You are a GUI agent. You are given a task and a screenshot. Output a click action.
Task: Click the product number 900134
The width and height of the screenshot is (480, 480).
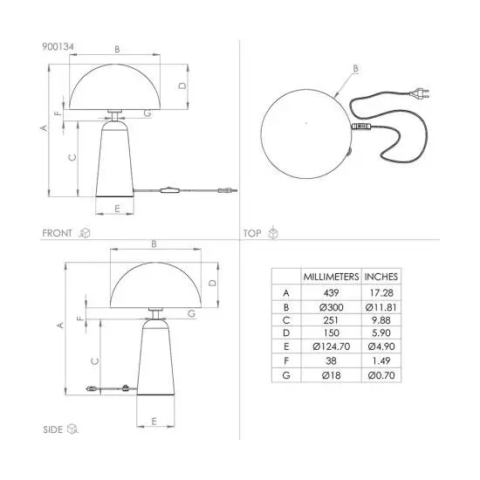(58, 47)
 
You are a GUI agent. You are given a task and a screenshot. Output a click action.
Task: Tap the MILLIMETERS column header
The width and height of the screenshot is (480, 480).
(331, 277)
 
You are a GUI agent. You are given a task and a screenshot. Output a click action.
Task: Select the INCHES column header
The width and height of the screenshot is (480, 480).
(381, 277)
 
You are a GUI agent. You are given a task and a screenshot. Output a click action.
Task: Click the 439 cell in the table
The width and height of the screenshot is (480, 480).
(331, 293)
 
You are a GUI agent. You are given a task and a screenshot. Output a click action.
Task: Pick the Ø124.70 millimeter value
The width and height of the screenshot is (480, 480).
(332, 346)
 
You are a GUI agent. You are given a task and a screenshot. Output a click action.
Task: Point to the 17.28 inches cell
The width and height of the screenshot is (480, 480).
(381, 293)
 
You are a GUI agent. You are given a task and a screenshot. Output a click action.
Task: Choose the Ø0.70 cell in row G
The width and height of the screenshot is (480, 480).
(381, 375)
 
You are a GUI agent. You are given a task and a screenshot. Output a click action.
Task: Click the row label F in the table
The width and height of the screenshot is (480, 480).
(286, 361)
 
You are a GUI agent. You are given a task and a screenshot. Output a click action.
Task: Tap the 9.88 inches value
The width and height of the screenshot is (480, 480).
(381, 320)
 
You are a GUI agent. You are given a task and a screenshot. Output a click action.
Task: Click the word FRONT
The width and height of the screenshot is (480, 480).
(57, 233)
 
